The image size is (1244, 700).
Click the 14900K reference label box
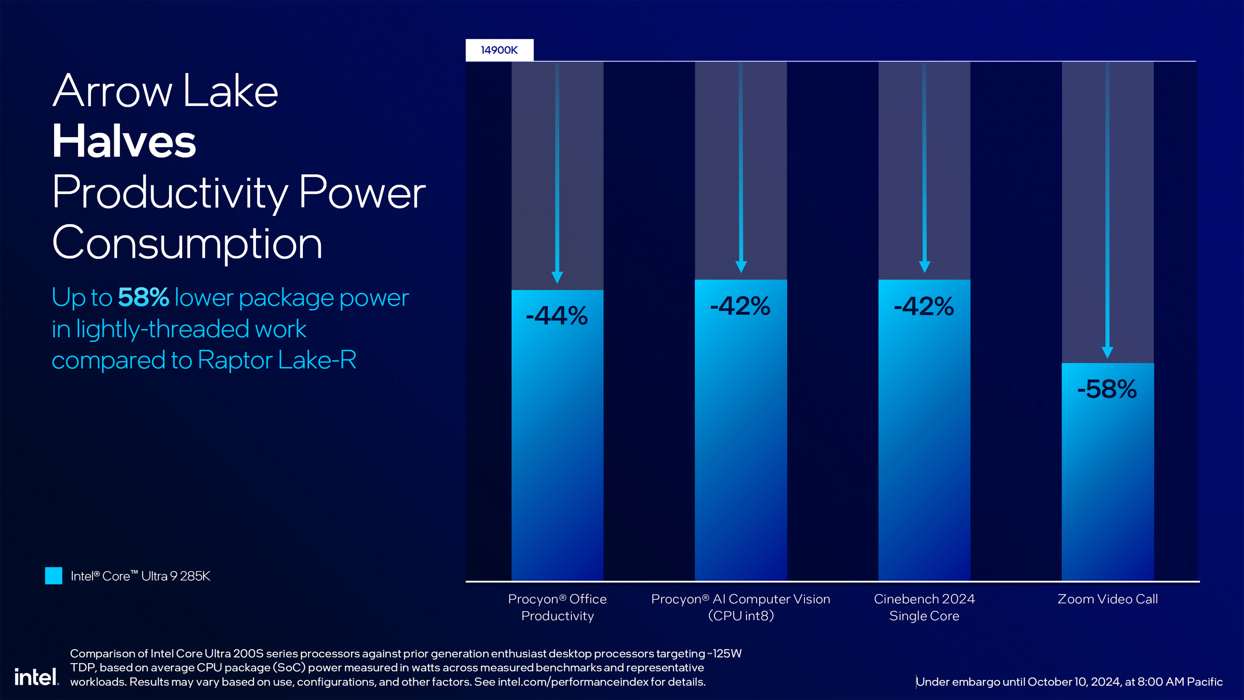(499, 50)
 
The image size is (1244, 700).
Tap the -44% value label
(557, 316)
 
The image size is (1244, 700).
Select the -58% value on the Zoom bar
(1107, 389)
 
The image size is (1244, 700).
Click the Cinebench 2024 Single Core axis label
(924, 607)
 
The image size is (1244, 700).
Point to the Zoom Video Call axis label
(1107, 599)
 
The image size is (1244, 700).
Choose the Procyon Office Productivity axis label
(557, 607)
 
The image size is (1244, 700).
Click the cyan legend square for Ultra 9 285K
(53, 576)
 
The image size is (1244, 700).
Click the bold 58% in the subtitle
(144, 297)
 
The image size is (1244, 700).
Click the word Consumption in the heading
(187, 243)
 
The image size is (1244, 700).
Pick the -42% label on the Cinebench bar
(924, 306)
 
